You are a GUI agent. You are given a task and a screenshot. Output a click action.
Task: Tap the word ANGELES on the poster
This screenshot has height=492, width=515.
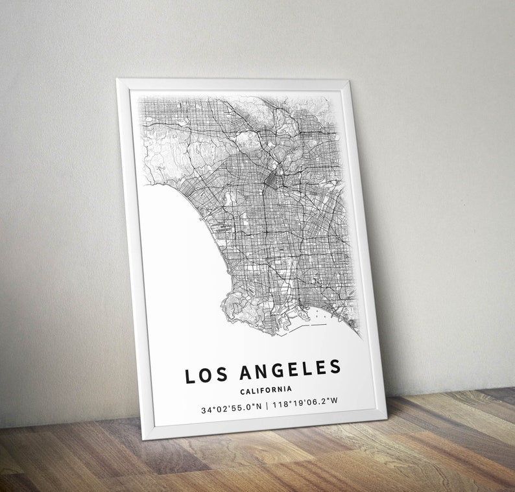point(290,370)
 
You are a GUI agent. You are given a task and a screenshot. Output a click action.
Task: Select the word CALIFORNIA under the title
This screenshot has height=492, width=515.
point(265,390)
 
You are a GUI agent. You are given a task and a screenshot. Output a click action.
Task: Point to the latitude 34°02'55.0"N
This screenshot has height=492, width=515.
point(231,409)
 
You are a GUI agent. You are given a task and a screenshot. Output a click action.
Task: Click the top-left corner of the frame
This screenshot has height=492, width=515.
point(118,80)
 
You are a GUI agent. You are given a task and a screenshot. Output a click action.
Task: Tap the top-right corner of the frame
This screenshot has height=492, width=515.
point(351,81)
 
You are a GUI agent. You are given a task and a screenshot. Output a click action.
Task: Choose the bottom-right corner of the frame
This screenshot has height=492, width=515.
point(385,415)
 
